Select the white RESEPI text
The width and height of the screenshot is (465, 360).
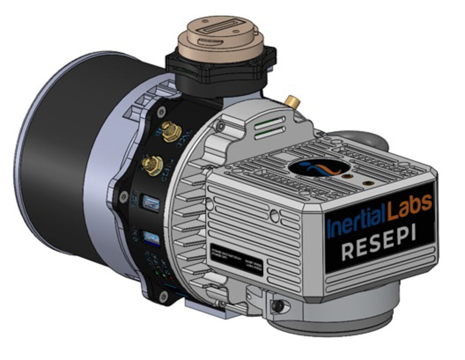380,245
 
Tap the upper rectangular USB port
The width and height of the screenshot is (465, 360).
150,202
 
